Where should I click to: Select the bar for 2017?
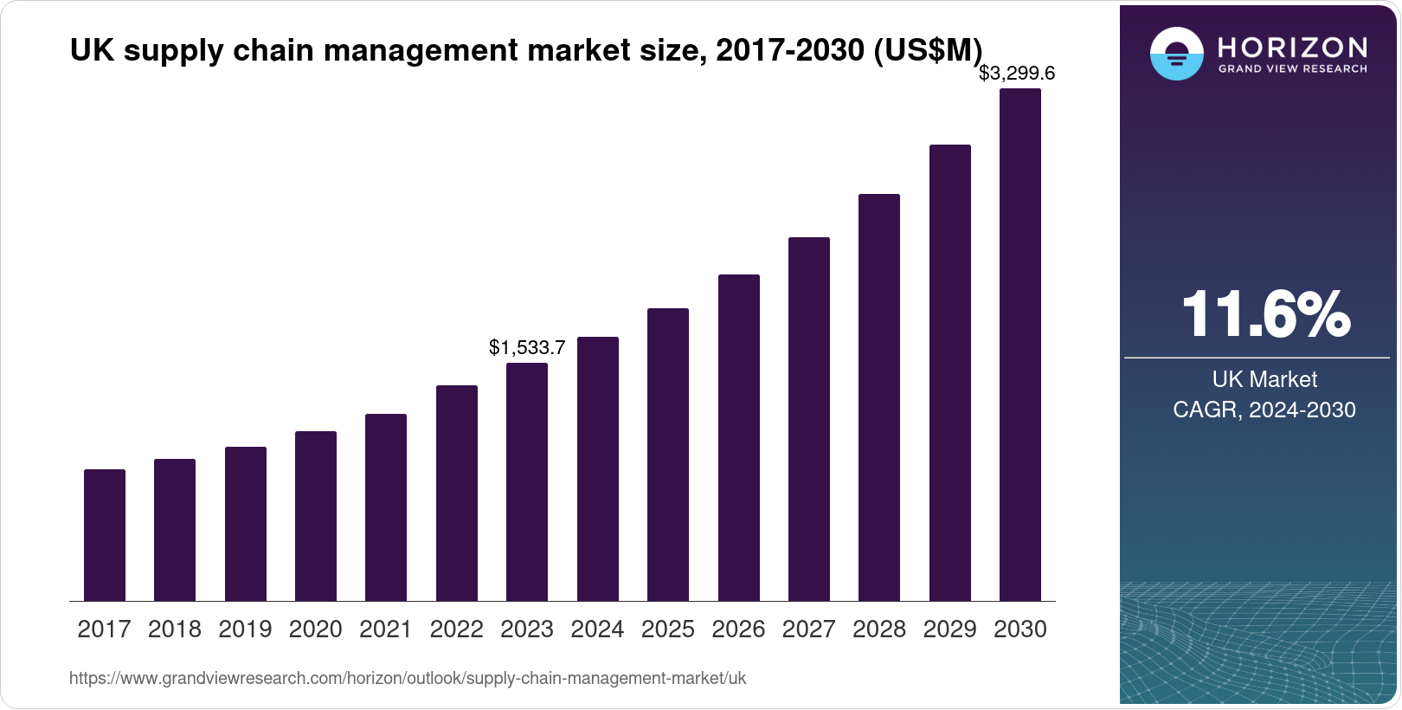pyautogui.click(x=105, y=535)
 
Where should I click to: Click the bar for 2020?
pyautogui.click(x=316, y=516)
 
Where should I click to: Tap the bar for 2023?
pyautogui.click(x=527, y=481)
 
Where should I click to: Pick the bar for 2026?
pyautogui.click(x=739, y=437)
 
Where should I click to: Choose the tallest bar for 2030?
pyautogui.click(x=1020, y=345)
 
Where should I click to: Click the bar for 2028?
pyautogui.click(x=879, y=397)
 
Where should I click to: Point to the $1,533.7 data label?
pyautogui.click(x=527, y=348)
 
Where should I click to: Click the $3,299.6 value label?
pyautogui.click(x=1017, y=74)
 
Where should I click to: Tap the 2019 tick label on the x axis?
pyautogui.click(x=245, y=629)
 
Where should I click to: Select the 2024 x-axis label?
pyautogui.click(x=597, y=629)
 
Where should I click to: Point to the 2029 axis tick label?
pyautogui.click(x=949, y=629)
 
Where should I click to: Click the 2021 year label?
pyautogui.click(x=386, y=629)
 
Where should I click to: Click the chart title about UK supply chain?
pyautogui.click(x=526, y=50)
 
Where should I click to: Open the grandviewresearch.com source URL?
pyautogui.click(x=408, y=679)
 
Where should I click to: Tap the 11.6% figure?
pyautogui.click(x=1265, y=314)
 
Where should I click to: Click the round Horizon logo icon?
pyautogui.click(x=1176, y=54)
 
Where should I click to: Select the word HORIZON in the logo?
pyautogui.click(x=1293, y=47)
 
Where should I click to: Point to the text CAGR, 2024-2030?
pyautogui.click(x=1264, y=410)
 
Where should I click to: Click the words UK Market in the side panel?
pyautogui.click(x=1264, y=379)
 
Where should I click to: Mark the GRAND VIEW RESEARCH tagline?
pyautogui.click(x=1293, y=69)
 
